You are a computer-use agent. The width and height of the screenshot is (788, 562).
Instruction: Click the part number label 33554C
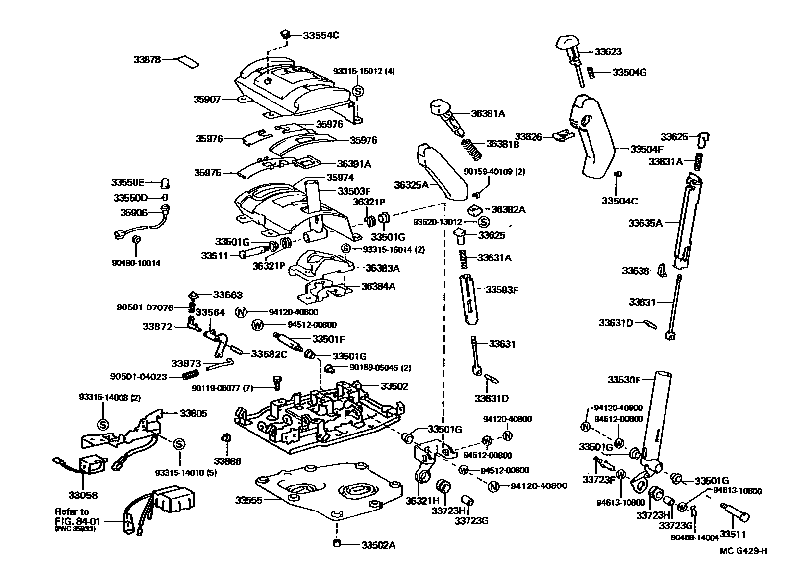(x=320, y=35)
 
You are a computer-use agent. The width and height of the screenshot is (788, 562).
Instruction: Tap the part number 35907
(x=207, y=99)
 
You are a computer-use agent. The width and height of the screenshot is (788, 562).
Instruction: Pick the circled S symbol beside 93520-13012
(x=483, y=222)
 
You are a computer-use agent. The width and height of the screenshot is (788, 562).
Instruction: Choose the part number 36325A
(x=412, y=185)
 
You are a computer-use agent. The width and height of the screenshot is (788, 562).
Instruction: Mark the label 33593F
(x=502, y=290)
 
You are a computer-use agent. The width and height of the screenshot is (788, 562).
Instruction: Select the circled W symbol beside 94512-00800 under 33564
(x=257, y=325)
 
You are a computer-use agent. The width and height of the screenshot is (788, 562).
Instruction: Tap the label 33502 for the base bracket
(x=394, y=386)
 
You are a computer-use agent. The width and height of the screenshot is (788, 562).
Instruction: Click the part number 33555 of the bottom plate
(x=248, y=500)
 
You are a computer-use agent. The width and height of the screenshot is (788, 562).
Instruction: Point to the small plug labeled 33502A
(x=337, y=543)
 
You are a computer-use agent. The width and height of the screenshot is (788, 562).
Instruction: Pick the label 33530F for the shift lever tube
(x=624, y=380)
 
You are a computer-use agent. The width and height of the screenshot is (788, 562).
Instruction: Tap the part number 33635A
(x=645, y=223)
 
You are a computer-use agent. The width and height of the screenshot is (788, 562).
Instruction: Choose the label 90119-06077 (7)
(x=222, y=388)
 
